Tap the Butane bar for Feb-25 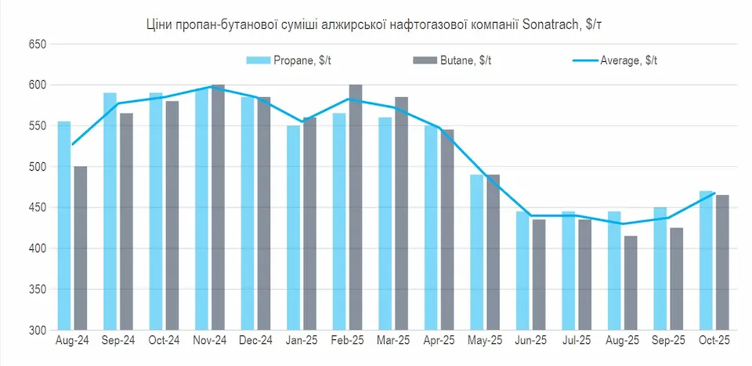click(x=356, y=207)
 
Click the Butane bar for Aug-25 click(x=630, y=282)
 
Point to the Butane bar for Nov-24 click(x=218, y=207)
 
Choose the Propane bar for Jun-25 click(x=522, y=270)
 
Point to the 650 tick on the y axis click(x=38, y=45)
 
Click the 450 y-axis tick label click(x=38, y=208)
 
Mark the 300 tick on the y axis click(x=38, y=330)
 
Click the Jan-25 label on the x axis click(x=301, y=342)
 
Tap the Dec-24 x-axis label click(x=255, y=342)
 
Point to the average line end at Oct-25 click(x=714, y=194)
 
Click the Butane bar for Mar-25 click(x=401, y=213)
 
